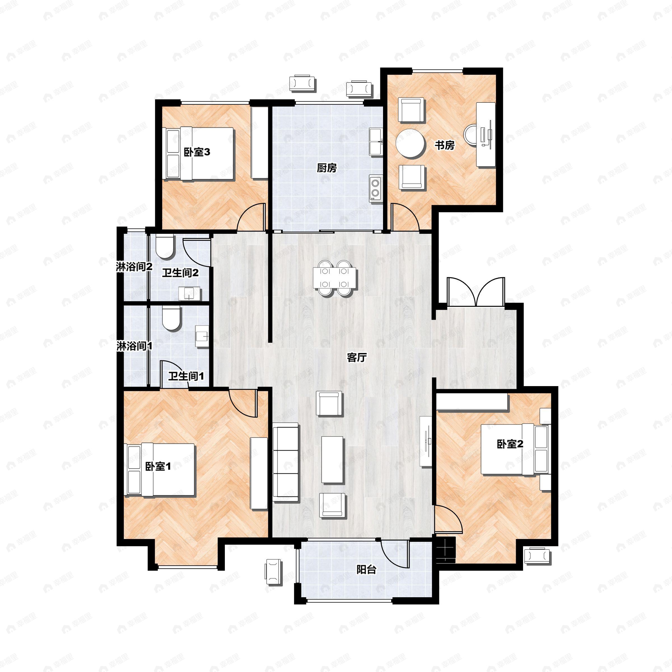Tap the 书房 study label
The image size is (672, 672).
[445, 145]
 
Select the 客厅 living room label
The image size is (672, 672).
[357, 358]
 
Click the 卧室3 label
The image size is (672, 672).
[197, 152]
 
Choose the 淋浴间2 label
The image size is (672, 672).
[134, 267]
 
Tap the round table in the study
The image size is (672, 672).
[410, 143]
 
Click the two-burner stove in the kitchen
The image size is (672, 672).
[375, 188]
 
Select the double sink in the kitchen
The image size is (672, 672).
[376, 142]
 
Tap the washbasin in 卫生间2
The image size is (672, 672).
[189, 293]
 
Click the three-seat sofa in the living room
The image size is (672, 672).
[286, 462]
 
